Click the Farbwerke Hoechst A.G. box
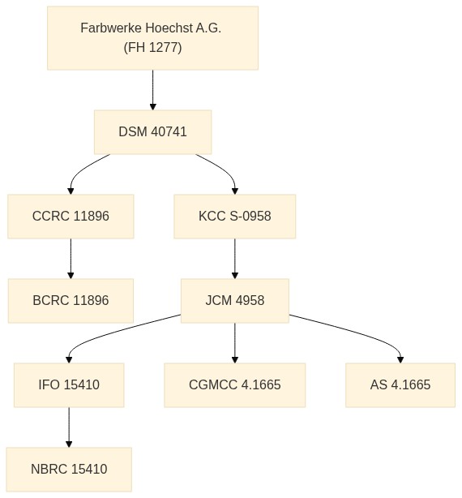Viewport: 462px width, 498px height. [x=152, y=38]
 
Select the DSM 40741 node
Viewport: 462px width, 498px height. [x=152, y=132]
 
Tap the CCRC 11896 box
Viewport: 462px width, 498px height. [x=71, y=217]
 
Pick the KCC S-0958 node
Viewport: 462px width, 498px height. [x=235, y=217]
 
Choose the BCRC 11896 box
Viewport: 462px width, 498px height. [x=71, y=301]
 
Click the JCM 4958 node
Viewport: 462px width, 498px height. [x=235, y=301]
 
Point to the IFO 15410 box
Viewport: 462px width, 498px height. [x=69, y=385]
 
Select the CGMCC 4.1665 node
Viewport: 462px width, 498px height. [x=235, y=385]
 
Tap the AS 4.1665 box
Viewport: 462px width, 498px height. [x=400, y=385]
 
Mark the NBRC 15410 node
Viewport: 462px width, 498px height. [x=69, y=470]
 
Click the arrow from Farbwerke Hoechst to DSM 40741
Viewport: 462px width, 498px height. [x=152, y=90]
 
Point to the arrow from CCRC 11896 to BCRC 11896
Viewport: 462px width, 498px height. [x=71, y=259]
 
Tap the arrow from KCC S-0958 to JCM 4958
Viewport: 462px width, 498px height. [x=235, y=259]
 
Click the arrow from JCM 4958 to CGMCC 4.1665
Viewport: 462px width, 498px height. [x=235, y=343]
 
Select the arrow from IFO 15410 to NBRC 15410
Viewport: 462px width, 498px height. [x=69, y=427]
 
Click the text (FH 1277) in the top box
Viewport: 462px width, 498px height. [x=152, y=48]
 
